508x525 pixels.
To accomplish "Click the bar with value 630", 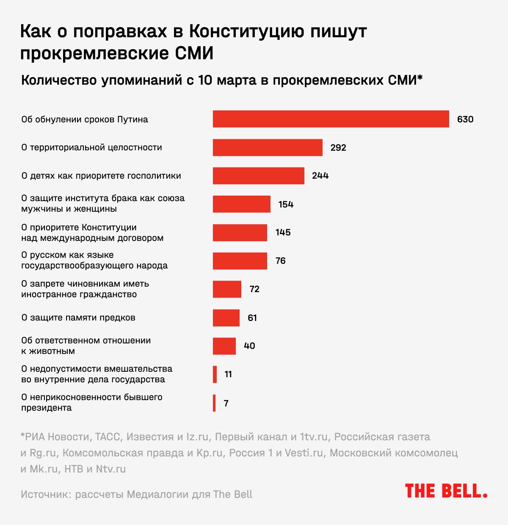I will point(331,119).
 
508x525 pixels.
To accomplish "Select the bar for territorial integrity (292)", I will point(268,147).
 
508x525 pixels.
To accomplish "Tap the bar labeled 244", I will point(258,176).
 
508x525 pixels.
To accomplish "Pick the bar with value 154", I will point(241,204).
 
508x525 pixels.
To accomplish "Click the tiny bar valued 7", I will point(214,403).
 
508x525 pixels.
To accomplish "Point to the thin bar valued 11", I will point(215,374).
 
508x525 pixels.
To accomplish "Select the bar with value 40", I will point(224,346).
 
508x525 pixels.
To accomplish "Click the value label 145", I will point(283,232).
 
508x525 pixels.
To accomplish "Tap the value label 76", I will point(280,261).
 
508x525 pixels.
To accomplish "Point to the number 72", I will point(254,289).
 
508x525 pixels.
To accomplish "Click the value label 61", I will point(252,318).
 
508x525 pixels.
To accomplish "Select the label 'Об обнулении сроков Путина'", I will point(85,119).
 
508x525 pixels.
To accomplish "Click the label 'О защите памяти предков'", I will point(78,318).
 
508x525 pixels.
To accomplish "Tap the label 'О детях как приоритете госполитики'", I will point(101,176).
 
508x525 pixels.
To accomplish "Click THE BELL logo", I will point(446,491).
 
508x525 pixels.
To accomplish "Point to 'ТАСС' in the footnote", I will point(108,437).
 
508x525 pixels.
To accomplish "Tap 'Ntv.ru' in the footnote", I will point(110,469).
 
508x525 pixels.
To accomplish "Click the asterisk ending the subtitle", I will point(420,78).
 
